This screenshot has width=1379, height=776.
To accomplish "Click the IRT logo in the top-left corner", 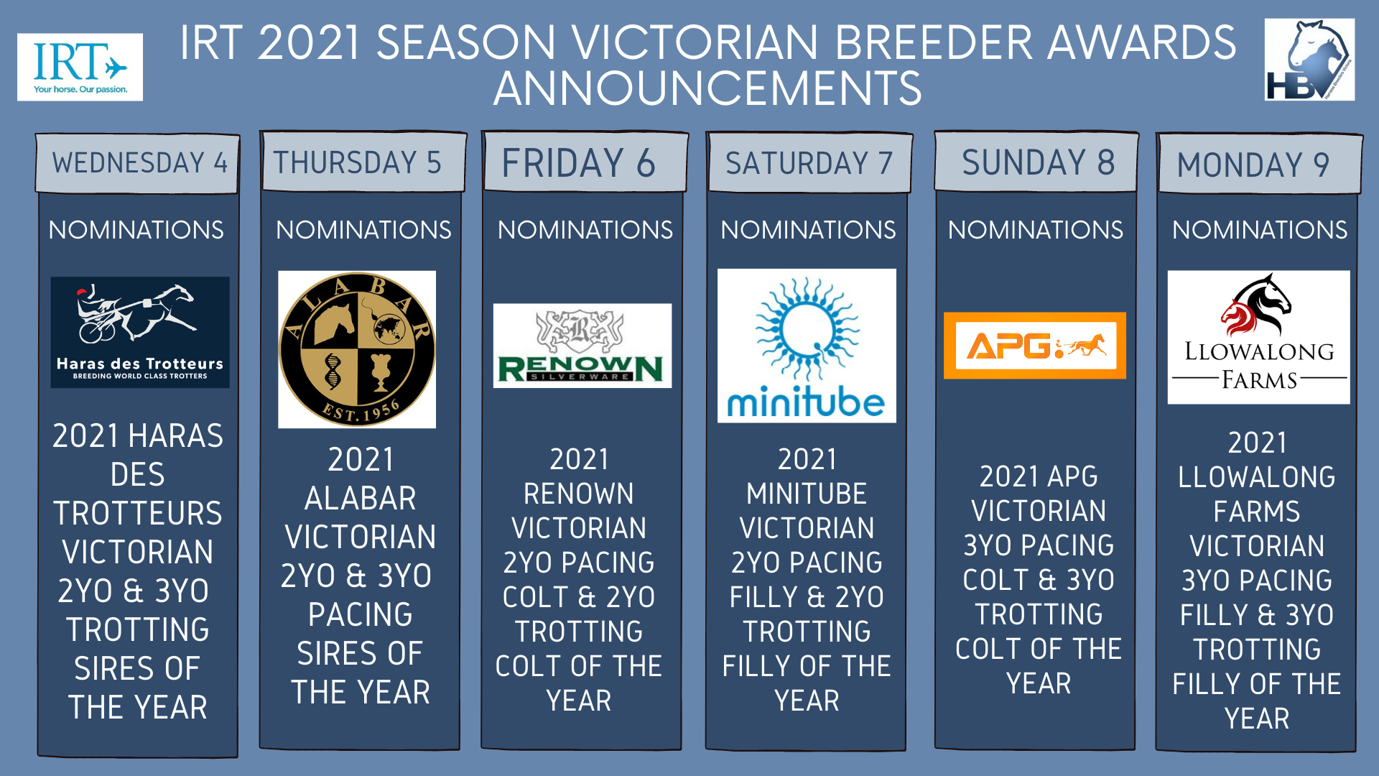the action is click(x=80, y=67).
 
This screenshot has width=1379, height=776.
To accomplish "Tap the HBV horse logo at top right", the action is click(x=1309, y=60).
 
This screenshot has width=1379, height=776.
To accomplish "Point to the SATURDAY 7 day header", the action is click(x=809, y=162).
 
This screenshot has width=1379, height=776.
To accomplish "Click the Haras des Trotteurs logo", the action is click(x=140, y=333).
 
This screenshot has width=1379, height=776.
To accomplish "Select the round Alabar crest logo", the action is click(x=357, y=350).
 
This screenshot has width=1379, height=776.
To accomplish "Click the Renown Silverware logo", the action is click(x=582, y=346).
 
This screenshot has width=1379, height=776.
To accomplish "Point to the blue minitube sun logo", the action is click(x=807, y=346).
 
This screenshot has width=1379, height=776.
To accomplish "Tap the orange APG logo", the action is click(x=1035, y=346).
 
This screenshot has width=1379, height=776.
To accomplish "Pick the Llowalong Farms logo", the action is click(x=1259, y=337).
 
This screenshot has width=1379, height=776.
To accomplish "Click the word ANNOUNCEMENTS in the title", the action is click(x=707, y=88).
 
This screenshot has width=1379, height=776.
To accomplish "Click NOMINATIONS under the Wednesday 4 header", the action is click(x=136, y=230).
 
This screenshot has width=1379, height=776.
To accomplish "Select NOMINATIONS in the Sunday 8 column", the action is click(x=1036, y=230).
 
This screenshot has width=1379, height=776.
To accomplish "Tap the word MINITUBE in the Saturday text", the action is click(x=807, y=494).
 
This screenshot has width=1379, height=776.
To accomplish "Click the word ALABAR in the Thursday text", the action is click(x=361, y=498).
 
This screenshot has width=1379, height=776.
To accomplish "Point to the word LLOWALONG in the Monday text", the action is click(x=1257, y=477).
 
